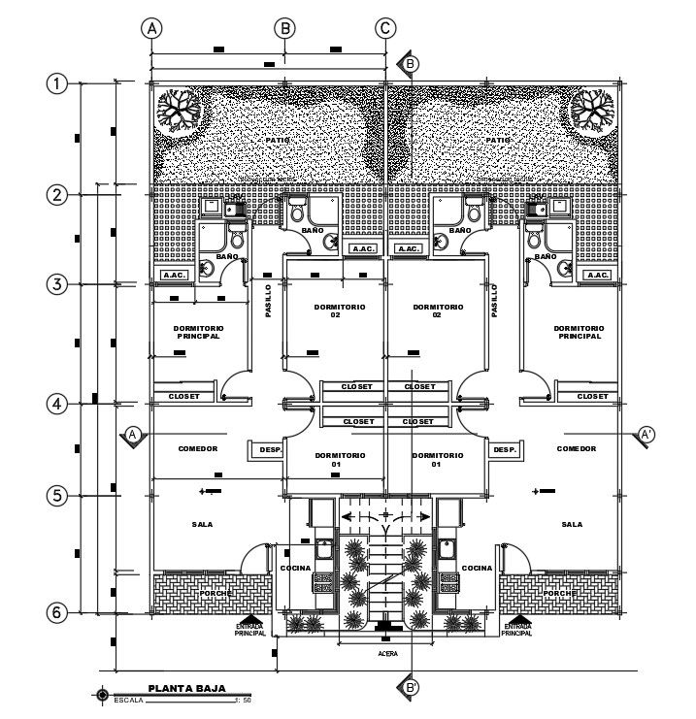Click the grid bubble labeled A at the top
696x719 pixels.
coord(151,28)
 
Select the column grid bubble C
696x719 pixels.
coord(385,28)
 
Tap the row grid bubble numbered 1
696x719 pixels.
coord(58,83)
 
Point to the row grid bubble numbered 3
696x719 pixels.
coord(58,284)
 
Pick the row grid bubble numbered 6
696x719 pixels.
coord(58,612)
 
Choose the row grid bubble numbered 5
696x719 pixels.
coord(58,495)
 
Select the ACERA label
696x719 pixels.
coord(387,653)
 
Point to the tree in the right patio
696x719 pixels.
coord(591,107)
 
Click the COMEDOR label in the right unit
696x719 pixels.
coord(576,448)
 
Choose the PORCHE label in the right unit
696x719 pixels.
coord(560,592)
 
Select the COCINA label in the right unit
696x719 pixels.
coord(477,568)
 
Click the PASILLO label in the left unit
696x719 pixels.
coord(268,301)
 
